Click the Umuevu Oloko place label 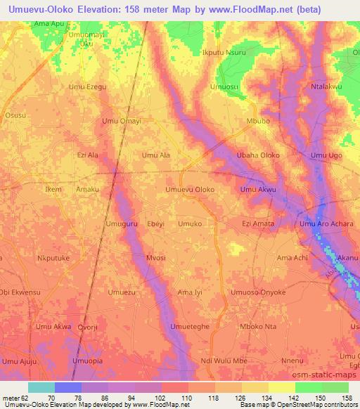pyautogui.click(x=190, y=190)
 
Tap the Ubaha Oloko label pyautogui.click(x=259, y=155)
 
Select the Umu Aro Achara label pyautogui.click(x=326, y=223)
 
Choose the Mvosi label pyautogui.click(x=155, y=258)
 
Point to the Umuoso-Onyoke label pyautogui.click(x=259, y=292)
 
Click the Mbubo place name pyautogui.click(x=258, y=121)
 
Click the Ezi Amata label pyautogui.click(x=258, y=223)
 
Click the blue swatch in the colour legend pyautogui.click(x=68, y=387)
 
